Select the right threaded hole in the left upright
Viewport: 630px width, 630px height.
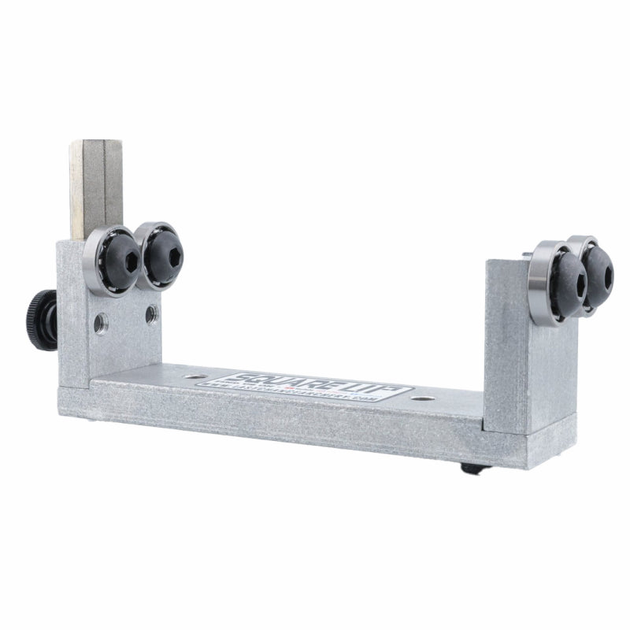tap(149, 316)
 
